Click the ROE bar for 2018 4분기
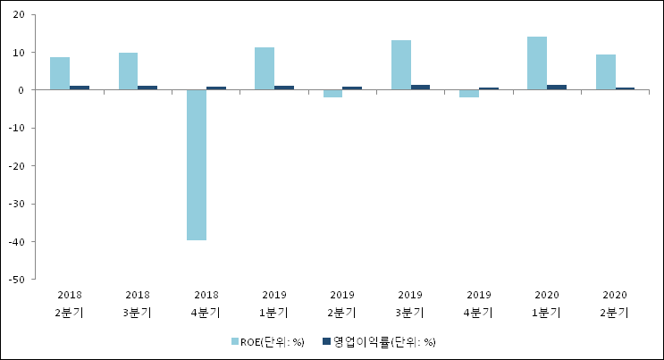tap(197, 164)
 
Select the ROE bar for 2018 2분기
tap(60, 73)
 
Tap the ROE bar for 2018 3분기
tap(128, 71)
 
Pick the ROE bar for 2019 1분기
tap(265, 69)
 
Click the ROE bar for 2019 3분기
tap(401, 65)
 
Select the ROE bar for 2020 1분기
tap(537, 63)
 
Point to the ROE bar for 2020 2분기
tap(605, 72)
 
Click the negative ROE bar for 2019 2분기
tap(332, 94)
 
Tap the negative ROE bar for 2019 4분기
tap(469, 94)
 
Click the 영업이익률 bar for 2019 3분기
tap(420, 88)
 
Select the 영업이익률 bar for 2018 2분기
tap(80, 88)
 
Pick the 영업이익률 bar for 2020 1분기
tap(557, 88)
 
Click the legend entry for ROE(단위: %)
tap(268, 341)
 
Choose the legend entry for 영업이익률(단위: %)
tap(378, 341)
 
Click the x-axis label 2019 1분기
tap(274, 303)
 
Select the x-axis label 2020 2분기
tap(615, 303)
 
